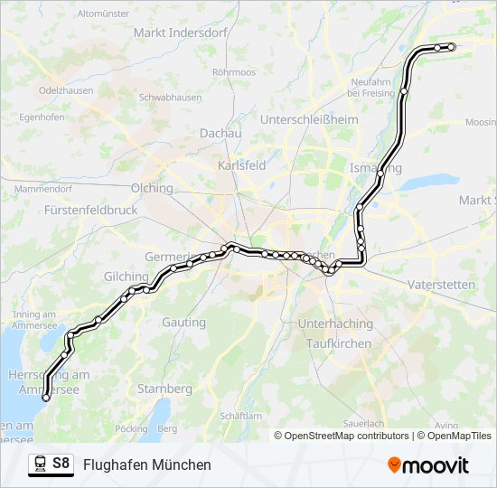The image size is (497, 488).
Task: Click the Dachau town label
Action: (x=220, y=133)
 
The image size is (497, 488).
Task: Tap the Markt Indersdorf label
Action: (x=173, y=33)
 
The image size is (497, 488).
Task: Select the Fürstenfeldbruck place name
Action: (x=89, y=209)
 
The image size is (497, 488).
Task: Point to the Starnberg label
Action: (x=164, y=389)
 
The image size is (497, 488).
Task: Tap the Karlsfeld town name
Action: (x=241, y=165)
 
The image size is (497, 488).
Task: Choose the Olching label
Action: (x=151, y=188)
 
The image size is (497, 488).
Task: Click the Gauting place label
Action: (x=183, y=322)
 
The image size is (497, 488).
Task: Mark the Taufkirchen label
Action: (x=338, y=343)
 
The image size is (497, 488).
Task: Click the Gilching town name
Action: (x=127, y=277)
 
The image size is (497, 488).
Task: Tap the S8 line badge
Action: (x=61, y=464)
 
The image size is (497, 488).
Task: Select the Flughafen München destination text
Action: (x=146, y=465)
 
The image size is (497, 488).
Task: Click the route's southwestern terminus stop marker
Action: (x=46, y=398)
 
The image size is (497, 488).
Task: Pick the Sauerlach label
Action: (x=363, y=423)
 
